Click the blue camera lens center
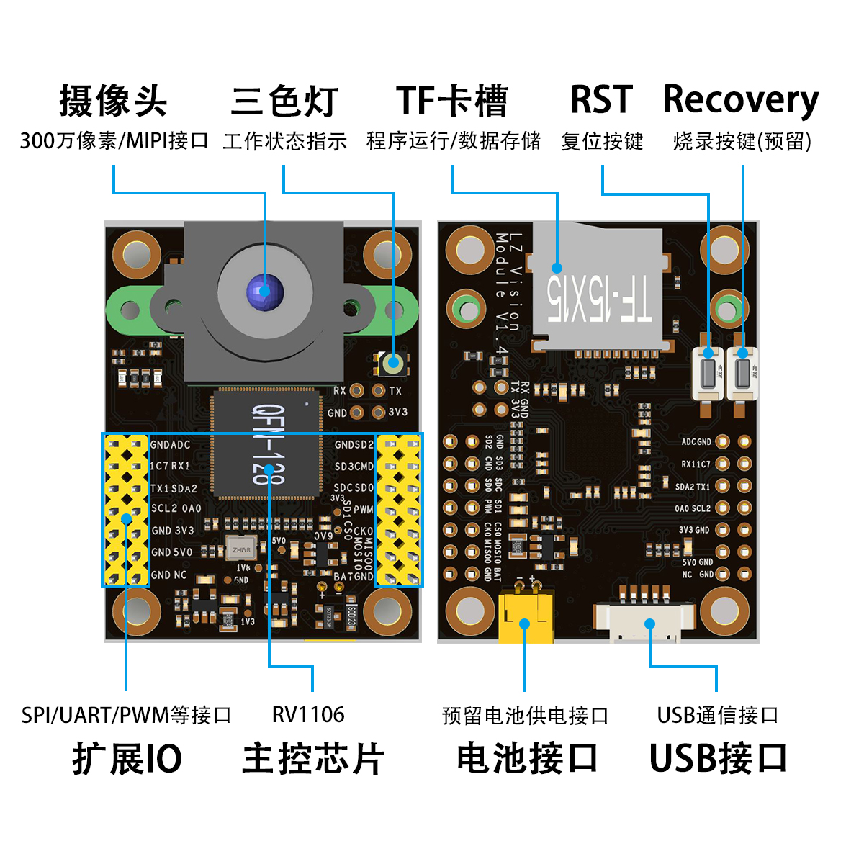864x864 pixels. tap(264, 292)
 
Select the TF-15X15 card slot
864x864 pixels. tap(598, 288)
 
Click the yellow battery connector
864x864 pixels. tap(526, 616)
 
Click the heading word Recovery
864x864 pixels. tap(740, 101)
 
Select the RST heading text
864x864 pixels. tap(601, 100)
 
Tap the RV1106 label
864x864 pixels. tap(308, 715)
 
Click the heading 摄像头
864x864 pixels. tap(113, 101)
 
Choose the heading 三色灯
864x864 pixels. tap(284, 101)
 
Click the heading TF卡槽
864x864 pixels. tap(452, 101)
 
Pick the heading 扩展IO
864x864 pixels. tap(127, 759)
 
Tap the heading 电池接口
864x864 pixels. tap(527, 759)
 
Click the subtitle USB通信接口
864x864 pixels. tap(717, 716)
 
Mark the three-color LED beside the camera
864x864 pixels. tap(393, 364)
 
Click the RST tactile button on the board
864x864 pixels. tap(708, 373)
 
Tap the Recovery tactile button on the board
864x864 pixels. tap(743, 373)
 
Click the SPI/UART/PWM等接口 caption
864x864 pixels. tap(127, 716)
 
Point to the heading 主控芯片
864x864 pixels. tap(312, 759)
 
